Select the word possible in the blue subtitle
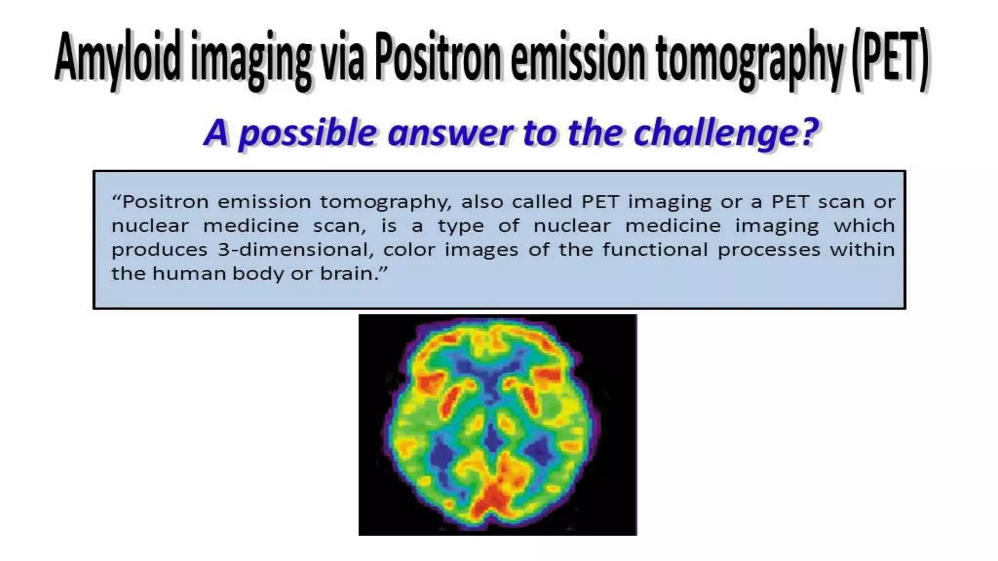coord(307,132)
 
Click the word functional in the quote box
coord(655,250)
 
